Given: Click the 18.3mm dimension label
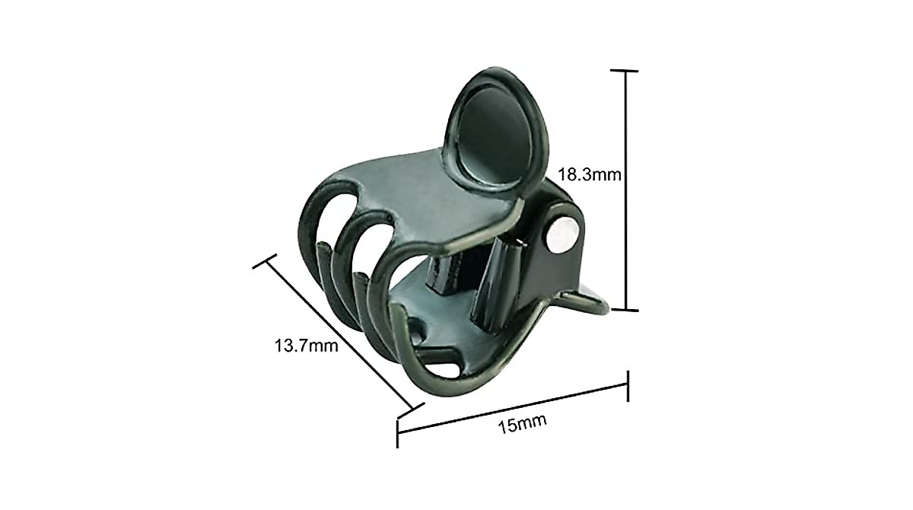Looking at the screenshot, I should pyautogui.click(x=590, y=174).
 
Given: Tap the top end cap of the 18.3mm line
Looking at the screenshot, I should pyautogui.click(x=625, y=71).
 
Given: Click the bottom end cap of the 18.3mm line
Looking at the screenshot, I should pyautogui.click(x=625, y=310).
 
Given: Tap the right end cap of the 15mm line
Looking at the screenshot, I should pyautogui.click(x=628, y=385).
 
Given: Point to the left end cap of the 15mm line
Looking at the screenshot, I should pyautogui.click(x=398, y=432).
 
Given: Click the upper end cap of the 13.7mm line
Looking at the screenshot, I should pyautogui.click(x=265, y=263).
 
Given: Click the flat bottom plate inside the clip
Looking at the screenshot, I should pyautogui.click(x=449, y=335).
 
